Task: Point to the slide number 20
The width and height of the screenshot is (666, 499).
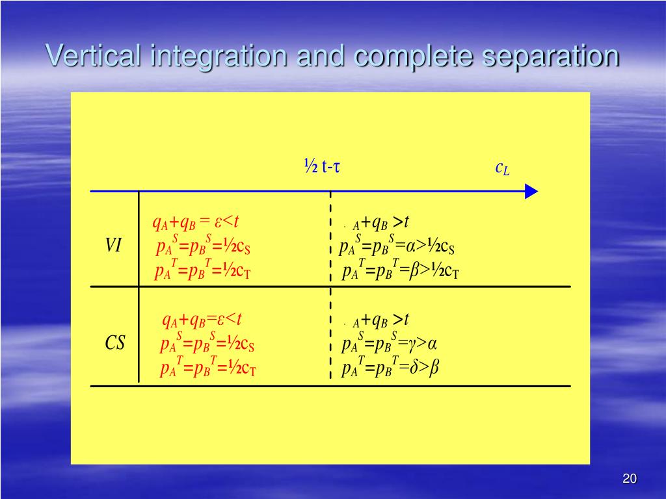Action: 629,479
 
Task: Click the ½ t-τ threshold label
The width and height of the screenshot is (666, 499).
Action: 323,167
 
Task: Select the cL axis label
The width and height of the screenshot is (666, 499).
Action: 502,168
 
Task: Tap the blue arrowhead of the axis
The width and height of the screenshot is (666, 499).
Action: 531,191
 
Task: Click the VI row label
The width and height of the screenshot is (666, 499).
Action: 113,246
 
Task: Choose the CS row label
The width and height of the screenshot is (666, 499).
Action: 115,343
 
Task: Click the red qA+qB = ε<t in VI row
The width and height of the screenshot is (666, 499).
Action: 196,223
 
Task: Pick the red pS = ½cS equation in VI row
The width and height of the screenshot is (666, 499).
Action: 204,247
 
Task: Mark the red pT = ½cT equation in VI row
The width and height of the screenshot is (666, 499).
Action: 203,271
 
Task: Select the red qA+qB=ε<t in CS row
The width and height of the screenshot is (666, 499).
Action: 202,320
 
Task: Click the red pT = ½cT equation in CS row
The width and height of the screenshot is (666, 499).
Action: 208,368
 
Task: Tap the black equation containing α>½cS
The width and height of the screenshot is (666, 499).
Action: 397,247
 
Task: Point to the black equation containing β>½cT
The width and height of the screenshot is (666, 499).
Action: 401,271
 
